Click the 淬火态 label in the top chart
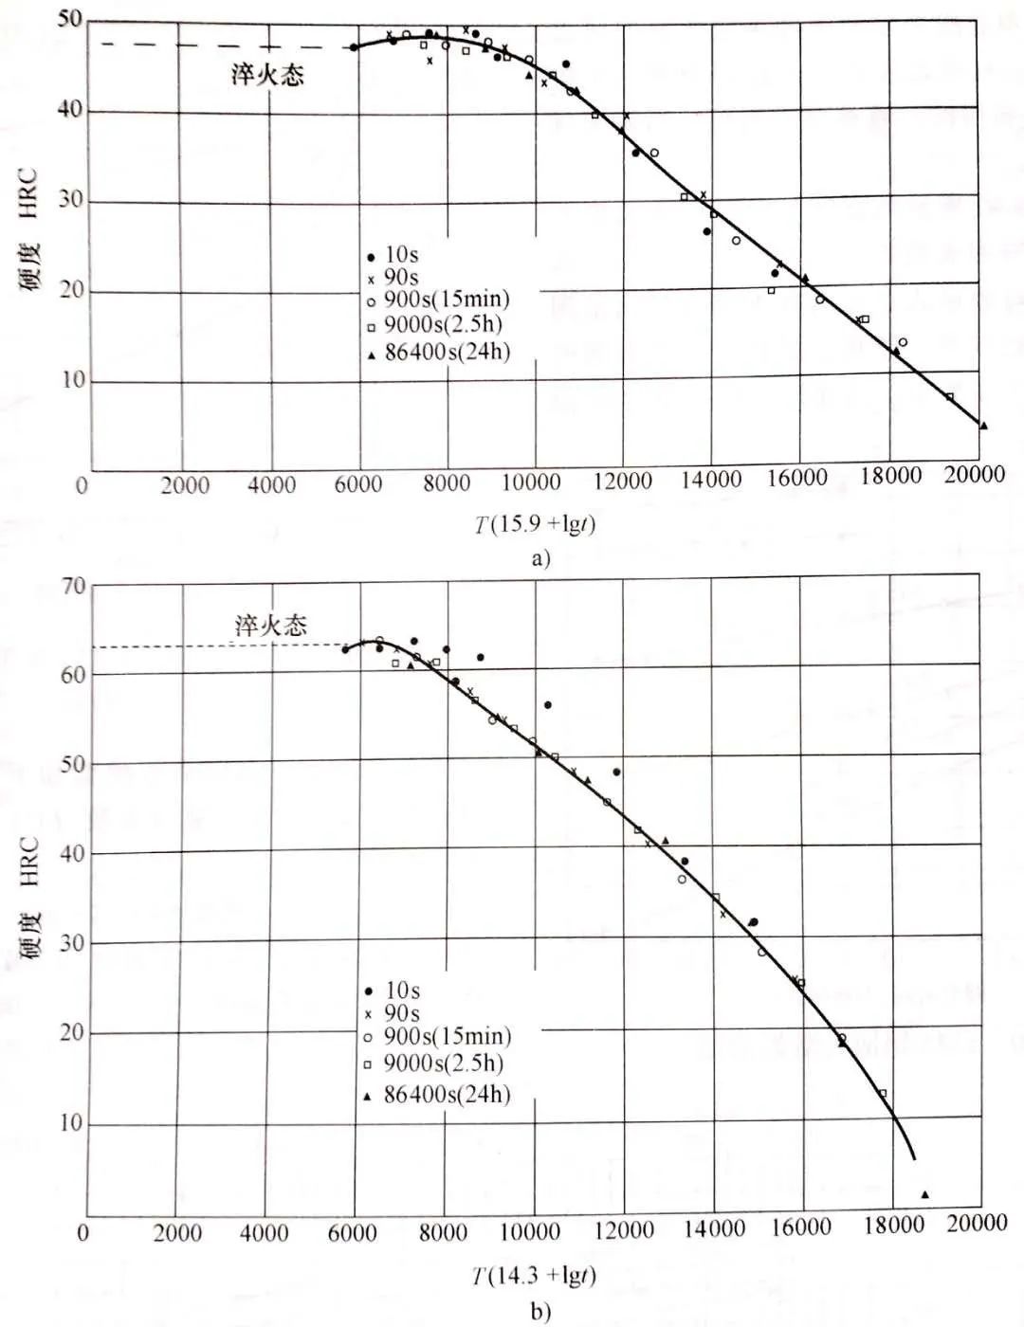[267, 75]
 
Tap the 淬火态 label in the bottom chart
[271, 625]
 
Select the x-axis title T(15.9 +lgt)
[536, 523]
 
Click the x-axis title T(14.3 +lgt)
[535, 1276]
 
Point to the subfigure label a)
[540, 557]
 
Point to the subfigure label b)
[540, 1311]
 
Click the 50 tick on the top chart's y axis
[70, 20]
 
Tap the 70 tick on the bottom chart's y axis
[74, 586]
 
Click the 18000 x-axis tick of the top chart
[890, 477]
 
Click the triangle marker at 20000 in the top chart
[983, 426]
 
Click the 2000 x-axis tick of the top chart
[184, 485]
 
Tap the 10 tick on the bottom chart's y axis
[72, 1124]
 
